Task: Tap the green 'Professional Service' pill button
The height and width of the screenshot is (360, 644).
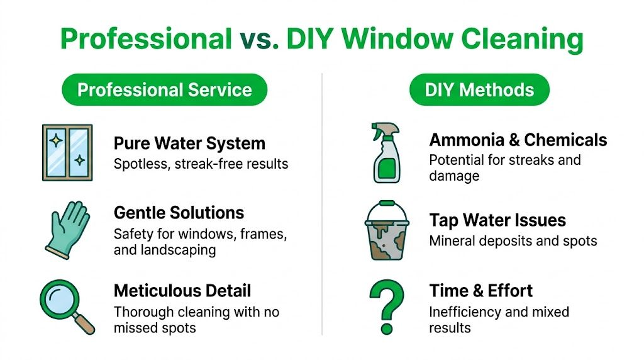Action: (x=164, y=89)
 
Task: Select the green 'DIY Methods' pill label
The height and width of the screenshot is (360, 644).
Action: (x=479, y=89)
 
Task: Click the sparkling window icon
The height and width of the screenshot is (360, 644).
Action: (x=67, y=152)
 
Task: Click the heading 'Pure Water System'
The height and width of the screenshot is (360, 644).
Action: (x=189, y=143)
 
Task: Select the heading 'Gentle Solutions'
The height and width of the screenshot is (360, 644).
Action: (x=179, y=213)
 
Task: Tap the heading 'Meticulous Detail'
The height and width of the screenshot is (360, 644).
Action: (x=182, y=291)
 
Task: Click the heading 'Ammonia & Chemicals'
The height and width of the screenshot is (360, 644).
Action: (x=518, y=140)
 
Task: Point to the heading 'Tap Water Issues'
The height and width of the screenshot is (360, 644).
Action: (x=497, y=221)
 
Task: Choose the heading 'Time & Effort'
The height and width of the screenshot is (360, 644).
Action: (x=481, y=291)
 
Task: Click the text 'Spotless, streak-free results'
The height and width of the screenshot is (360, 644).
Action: (x=201, y=164)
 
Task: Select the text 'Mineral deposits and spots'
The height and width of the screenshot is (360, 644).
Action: (x=513, y=241)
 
